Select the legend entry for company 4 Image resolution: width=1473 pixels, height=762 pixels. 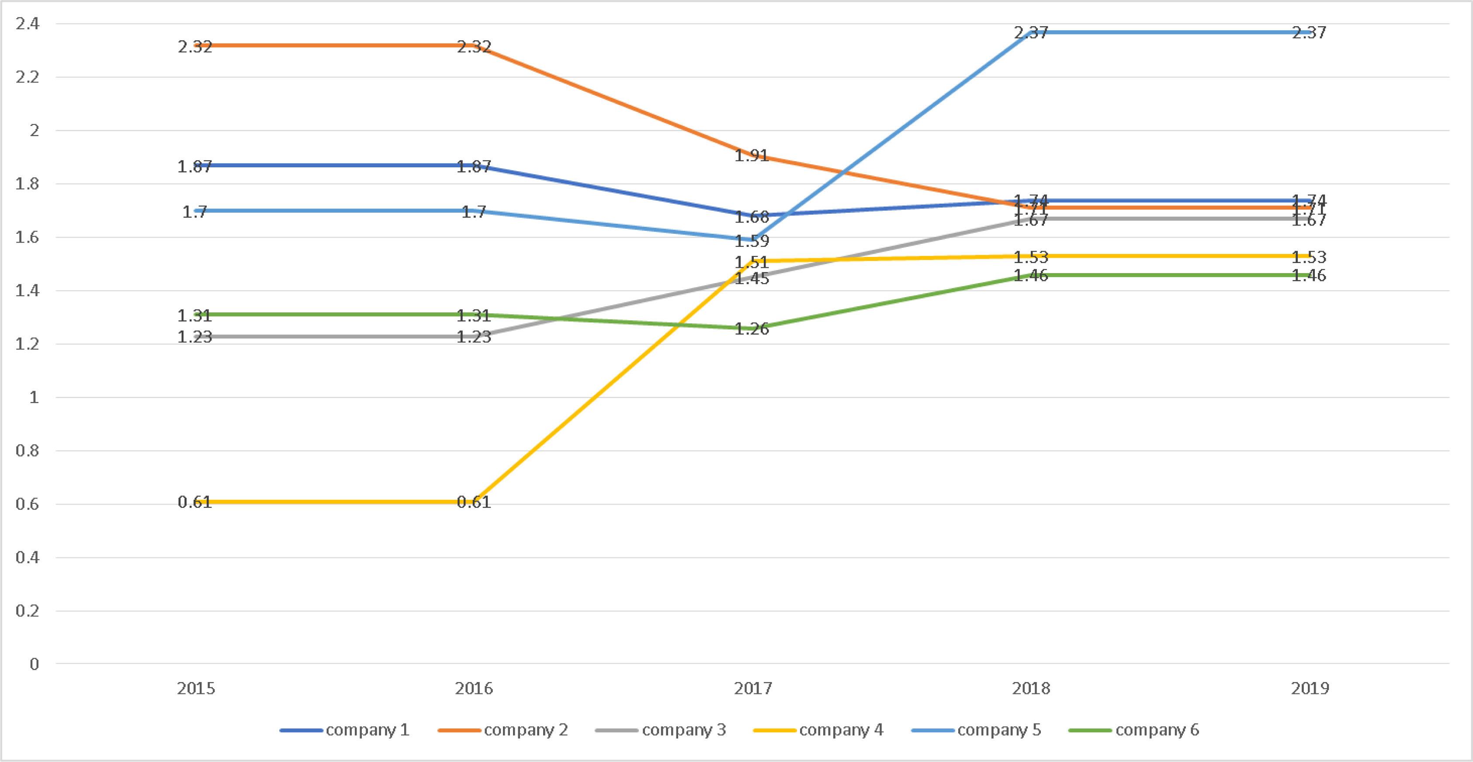(841, 730)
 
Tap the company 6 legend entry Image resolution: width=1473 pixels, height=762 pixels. (1157, 730)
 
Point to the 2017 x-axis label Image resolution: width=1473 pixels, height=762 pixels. (752, 688)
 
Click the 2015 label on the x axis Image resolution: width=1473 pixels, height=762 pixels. (196, 688)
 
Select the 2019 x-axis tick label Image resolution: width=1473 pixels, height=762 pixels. (1310, 688)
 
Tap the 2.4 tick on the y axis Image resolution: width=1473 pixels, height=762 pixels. (28, 24)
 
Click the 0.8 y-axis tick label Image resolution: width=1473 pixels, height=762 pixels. (28, 451)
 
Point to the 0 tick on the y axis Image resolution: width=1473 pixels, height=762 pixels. (35, 664)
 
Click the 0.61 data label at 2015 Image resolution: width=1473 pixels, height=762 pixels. (194, 502)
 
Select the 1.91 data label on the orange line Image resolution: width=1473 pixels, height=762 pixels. (752, 156)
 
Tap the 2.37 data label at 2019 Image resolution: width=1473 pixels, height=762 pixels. (1309, 33)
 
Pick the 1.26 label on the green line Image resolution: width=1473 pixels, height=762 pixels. (752, 329)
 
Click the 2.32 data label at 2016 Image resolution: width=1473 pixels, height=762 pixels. (474, 47)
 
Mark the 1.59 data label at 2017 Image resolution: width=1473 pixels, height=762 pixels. (752, 241)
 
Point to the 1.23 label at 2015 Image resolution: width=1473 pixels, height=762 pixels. (194, 337)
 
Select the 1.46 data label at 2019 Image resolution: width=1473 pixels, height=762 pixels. (1309, 276)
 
